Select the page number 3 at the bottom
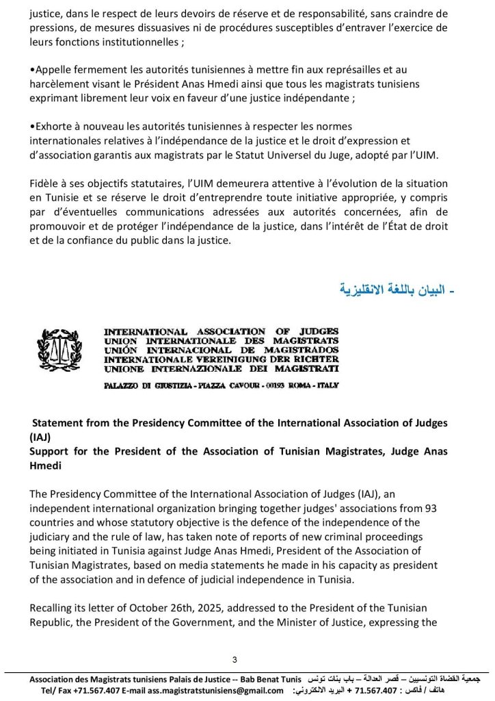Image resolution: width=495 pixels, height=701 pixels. [x=235, y=659]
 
